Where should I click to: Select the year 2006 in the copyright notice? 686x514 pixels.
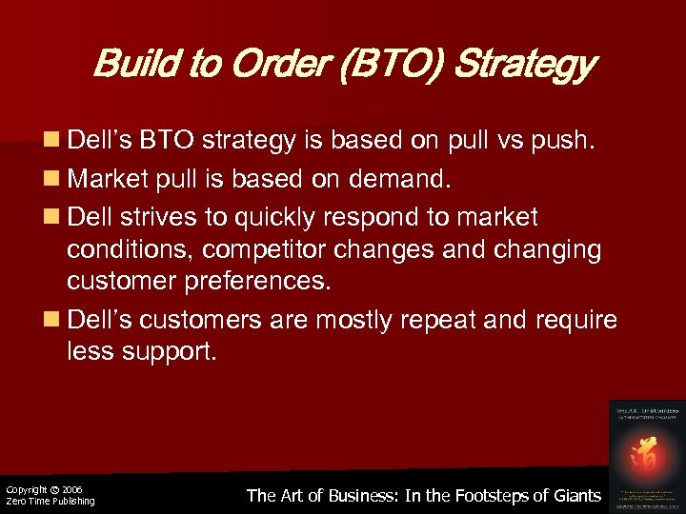(x=71, y=489)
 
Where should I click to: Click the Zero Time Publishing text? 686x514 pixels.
(x=50, y=502)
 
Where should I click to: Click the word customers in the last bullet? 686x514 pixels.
(x=202, y=320)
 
